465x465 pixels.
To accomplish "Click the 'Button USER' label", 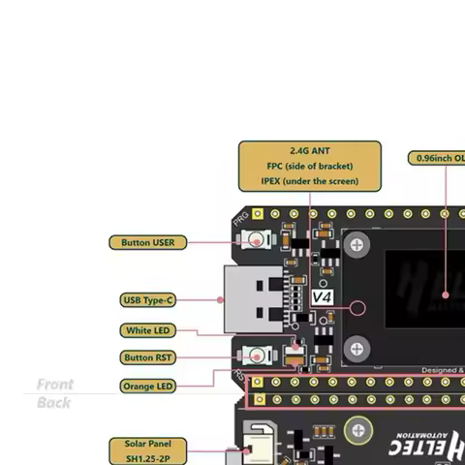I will (148, 242).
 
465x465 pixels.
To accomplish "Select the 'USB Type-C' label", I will (148, 300).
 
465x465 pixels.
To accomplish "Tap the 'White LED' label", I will (148, 330).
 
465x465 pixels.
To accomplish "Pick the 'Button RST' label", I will (148, 357).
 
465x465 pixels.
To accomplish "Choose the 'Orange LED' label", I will (148, 386).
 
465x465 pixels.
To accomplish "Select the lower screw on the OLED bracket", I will (356, 346).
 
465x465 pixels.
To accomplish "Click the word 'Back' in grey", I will (54, 402).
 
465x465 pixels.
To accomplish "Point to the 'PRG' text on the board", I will (241, 220).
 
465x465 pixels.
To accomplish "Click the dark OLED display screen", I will (426, 291).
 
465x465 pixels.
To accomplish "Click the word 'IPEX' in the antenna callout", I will (272, 181).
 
